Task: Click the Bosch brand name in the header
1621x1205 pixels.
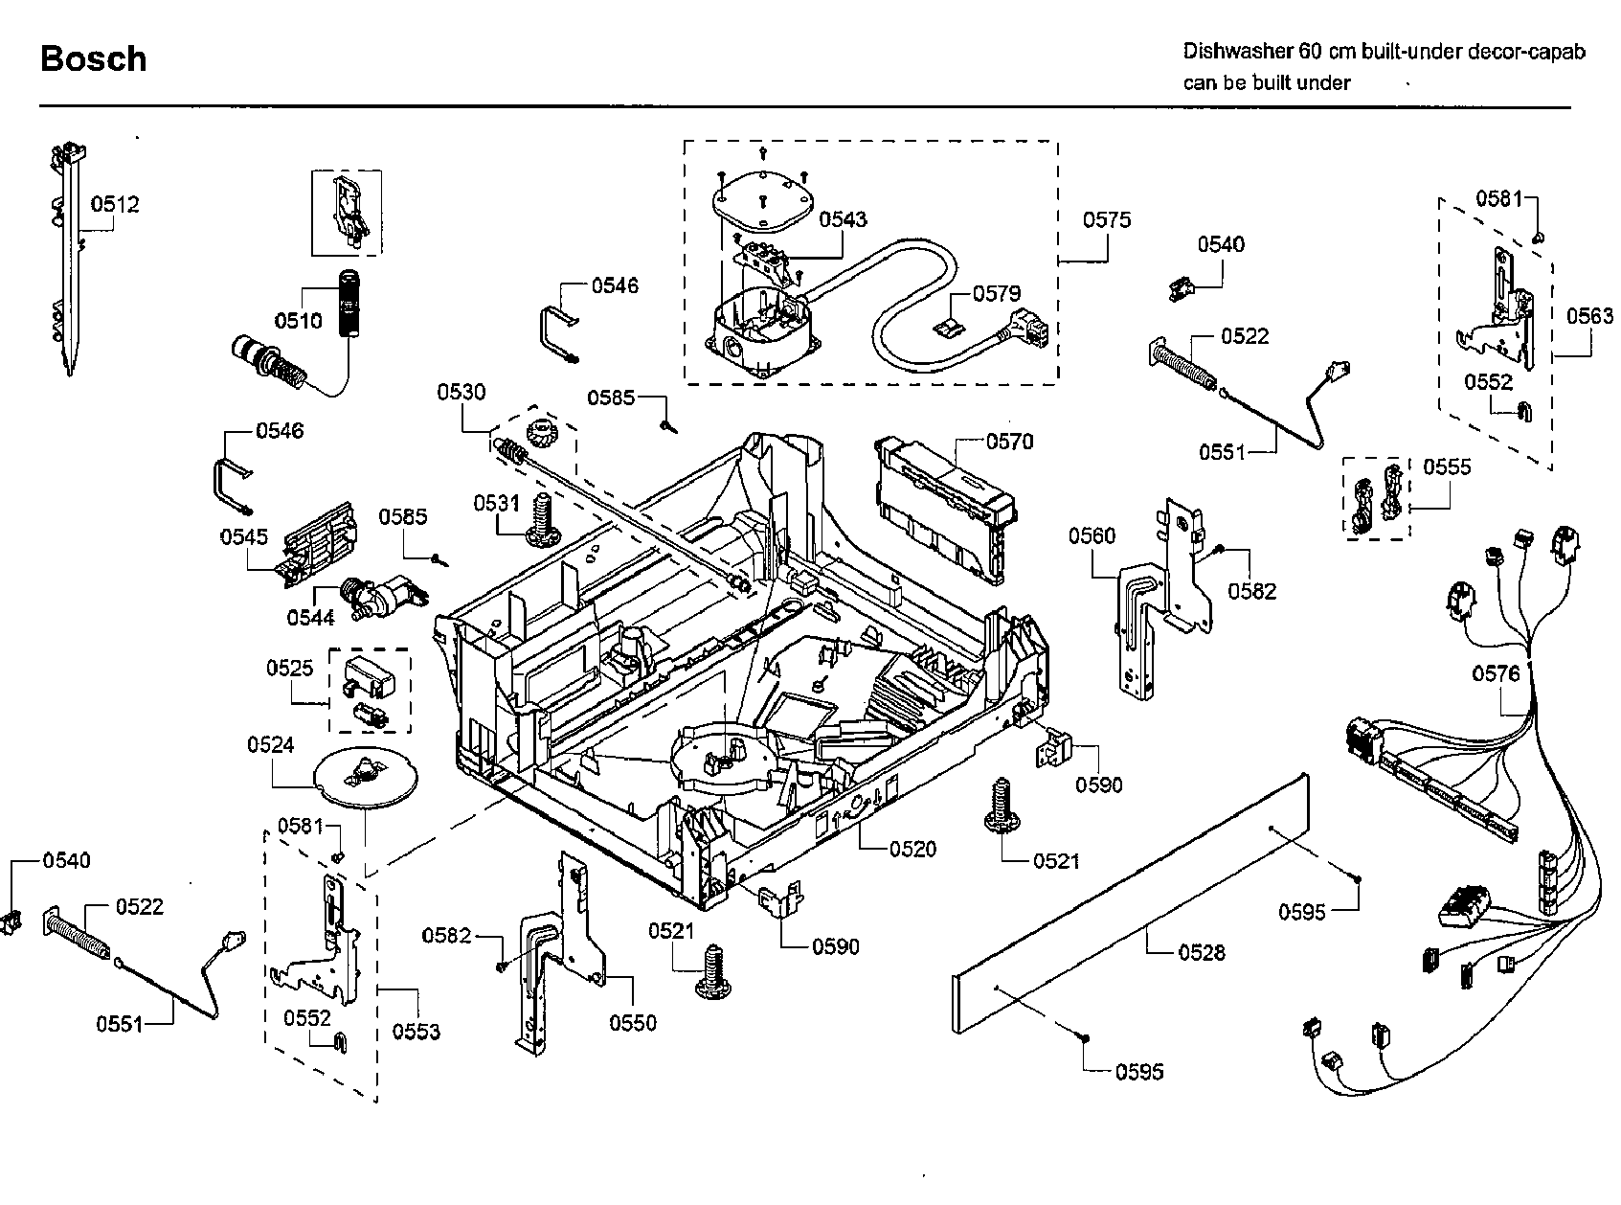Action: [x=93, y=59]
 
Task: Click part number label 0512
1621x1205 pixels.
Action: [x=115, y=204]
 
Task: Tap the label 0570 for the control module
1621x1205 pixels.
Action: [x=1009, y=442]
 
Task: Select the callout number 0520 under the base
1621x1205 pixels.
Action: [x=912, y=849]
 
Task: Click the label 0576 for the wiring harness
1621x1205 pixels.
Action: [x=1496, y=673]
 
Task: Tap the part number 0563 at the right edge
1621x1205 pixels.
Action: [x=1589, y=315]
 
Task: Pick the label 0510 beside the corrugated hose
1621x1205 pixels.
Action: [x=298, y=320]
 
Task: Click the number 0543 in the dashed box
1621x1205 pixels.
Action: [x=843, y=219]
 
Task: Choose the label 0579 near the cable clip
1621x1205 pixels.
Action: [x=997, y=294]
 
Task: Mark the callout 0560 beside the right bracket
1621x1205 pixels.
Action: [x=1092, y=535]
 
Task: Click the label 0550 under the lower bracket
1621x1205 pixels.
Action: [x=633, y=1022]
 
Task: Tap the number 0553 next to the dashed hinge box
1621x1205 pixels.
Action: [x=416, y=1031]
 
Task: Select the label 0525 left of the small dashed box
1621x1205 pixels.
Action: [x=289, y=668]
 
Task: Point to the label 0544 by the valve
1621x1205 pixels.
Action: [x=310, y=618]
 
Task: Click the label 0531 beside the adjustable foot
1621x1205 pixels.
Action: [x=496, y=503]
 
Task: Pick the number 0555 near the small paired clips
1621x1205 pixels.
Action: [x=1447, y=466]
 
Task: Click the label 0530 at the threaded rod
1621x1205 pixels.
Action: [x=462, y=392]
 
